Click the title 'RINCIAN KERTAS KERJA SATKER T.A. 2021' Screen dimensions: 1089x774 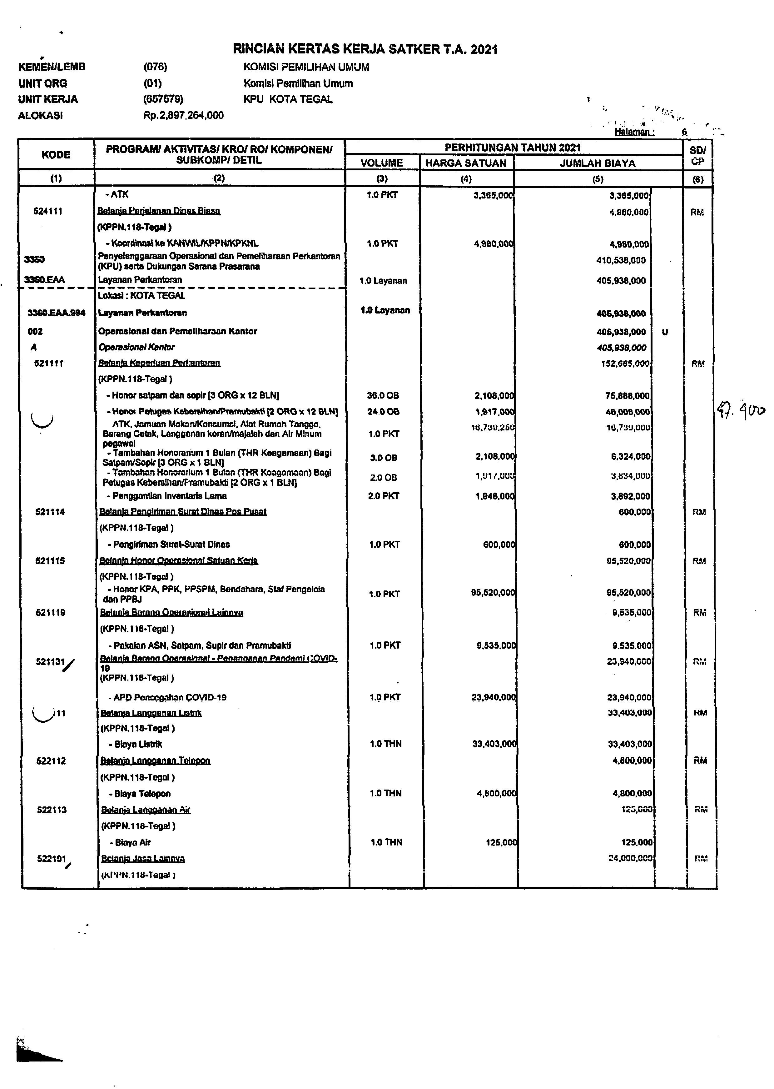coord(365,50)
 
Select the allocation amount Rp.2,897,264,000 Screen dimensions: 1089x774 coord(183,115)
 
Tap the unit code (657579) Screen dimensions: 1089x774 coord(163,99)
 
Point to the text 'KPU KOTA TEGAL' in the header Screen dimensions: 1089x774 coord(288,99)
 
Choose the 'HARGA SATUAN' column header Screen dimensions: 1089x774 coord(466,163)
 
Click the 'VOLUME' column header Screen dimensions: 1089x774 coord(382,163)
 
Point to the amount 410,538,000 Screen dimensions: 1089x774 coord(621,260)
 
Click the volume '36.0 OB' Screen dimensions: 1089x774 coord(383,396)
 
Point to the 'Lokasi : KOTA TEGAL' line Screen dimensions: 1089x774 coord(141,296)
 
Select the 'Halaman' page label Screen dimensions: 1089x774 coord(633,132)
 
